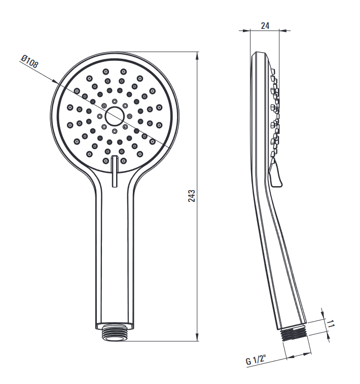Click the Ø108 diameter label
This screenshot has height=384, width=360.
click(29, 61)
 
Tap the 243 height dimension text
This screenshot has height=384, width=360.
click(192, 196)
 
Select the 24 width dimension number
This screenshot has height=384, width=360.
click(265, 26)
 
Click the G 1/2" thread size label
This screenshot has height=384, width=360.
click(256, 360)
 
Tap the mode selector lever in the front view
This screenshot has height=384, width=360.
click(114, 171)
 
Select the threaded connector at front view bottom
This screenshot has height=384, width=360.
click(114, 332)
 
